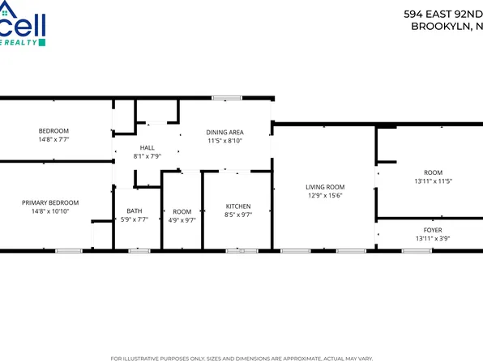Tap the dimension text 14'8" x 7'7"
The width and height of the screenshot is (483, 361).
point(54,139)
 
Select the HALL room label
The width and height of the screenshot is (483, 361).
point(147,147)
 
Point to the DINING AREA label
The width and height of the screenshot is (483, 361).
point(224,132)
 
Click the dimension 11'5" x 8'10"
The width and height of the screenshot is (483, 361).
point(224,141)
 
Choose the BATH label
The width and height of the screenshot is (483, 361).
point(134,211)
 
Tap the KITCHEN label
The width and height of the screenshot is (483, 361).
point(237,206)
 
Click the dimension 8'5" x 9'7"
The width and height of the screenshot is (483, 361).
point(237,215)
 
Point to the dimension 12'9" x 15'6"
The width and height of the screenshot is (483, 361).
point(325,195)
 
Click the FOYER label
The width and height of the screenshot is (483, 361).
point(433,229)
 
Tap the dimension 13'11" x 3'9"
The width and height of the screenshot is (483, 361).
point(433,238)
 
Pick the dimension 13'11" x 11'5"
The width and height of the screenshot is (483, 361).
point(433,181)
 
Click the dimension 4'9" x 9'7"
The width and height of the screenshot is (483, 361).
point(182,220)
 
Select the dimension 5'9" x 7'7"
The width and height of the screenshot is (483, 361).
point(134,220)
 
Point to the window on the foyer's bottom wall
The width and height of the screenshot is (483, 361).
point(416,251)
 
